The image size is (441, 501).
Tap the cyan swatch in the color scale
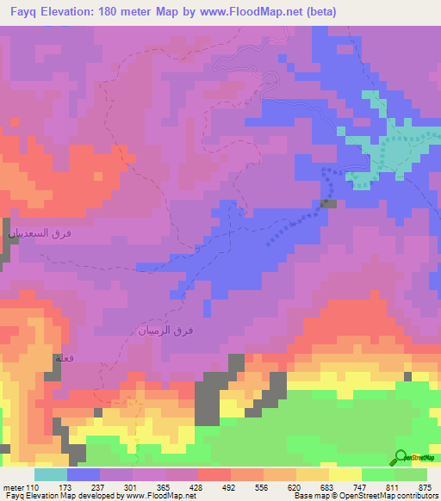pyautogui.click(x=51, y=475)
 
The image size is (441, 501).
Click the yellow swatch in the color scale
pyautogui.click(x=345, y=475)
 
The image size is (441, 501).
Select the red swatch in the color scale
pyautogui.click(x=214, y=475)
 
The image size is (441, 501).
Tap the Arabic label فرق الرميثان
pyautogui.click(x=164, y=330)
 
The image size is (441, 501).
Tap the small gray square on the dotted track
pyautogui.click(x=328, y=204)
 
